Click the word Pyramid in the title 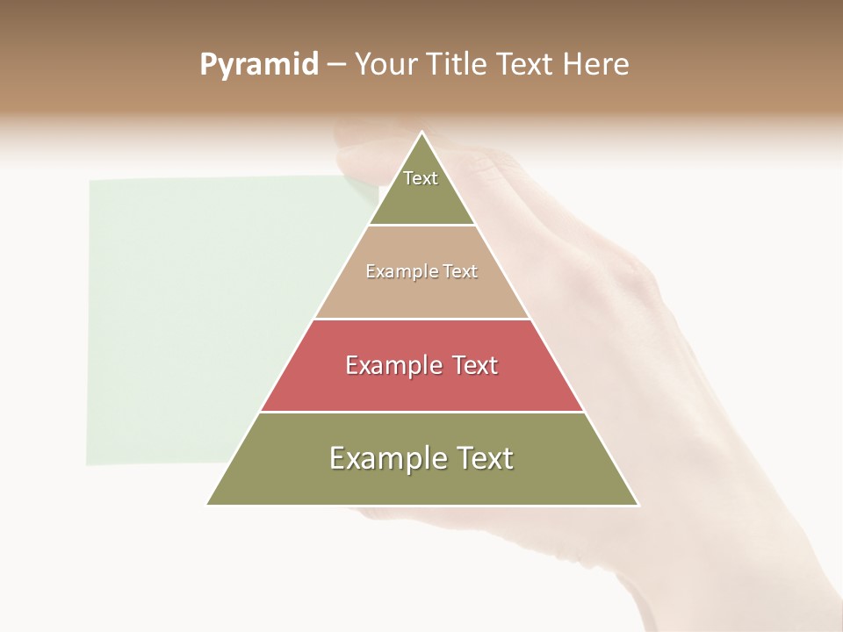pyautogui.click(x=259, y=65)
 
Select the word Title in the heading pyautogui.click(x=457, y=64)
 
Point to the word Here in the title pyautogui.click(x=596, y=64)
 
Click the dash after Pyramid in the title pyautogui.click(x=335, y=65)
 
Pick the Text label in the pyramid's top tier pyautogui.click(x=421, y=178)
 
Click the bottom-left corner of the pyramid pyautogui.click(x=208, y=504)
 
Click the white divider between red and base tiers pyautogui.click(x=422, y=412)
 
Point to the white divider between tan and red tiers pyautogui.click(x=422, y=319)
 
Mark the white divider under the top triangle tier pyautogui.click(x=422, y=226)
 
